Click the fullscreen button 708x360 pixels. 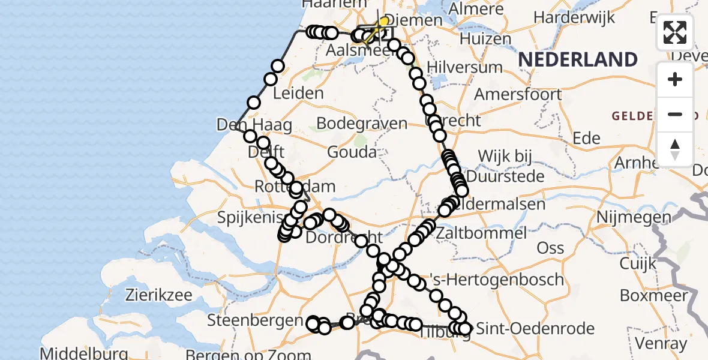(675, 32)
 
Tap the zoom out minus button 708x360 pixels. (675, 114)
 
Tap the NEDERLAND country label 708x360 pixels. (578, 59)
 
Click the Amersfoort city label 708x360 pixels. (518, 94)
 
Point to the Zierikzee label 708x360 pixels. (158, 295)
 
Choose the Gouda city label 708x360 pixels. (352, 152)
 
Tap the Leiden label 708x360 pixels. (298, 94)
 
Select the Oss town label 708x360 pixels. (550, 247)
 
